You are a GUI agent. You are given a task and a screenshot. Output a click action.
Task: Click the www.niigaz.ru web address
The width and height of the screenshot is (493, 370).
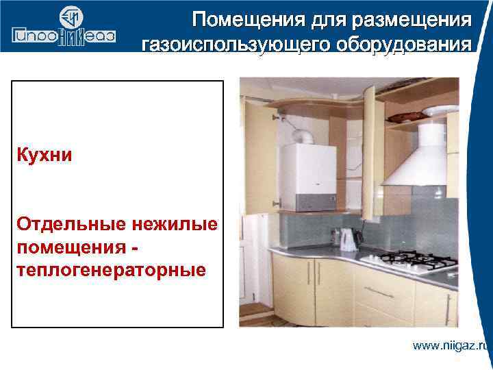(451, 345)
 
